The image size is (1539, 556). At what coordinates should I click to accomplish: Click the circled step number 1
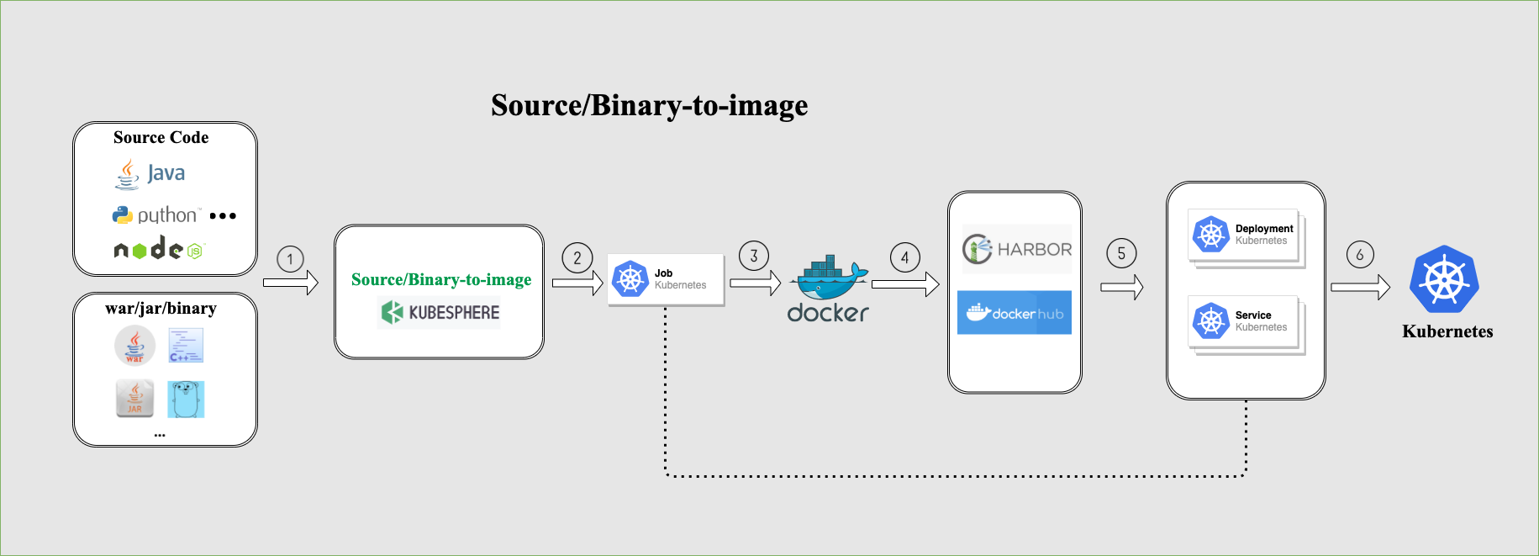click(x=290, y=259)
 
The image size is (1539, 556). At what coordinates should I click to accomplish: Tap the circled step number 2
click(x=577, y=258)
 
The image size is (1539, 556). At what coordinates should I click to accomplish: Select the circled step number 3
click(x=754, y=256)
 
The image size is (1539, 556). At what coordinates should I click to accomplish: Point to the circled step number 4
click(x=905, y=257)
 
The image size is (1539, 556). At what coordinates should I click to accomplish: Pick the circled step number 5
click(x=1121, y=253)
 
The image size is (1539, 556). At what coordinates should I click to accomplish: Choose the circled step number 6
click(x=1360, y=254)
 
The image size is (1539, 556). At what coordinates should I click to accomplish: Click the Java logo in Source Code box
click(x=150, y=174)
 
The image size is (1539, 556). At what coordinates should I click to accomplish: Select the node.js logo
click(x=159, y=249)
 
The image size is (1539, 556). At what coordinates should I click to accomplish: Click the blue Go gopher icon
click(x=186, y=399)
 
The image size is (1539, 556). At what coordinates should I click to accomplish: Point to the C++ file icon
click(x=186, y=346)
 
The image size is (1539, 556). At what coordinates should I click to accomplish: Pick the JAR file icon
click(x=134, y=398)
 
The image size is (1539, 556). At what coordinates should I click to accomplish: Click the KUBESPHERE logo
click(x=440, y=313)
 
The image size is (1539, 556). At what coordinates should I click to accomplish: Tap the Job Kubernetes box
click(x=666, y=279)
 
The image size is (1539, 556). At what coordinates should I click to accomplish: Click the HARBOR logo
click(x=1017, y=249)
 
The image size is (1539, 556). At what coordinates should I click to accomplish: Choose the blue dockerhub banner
click(x=1015, y=313)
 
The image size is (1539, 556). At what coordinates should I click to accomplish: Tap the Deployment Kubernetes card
click(x=1244, y=235)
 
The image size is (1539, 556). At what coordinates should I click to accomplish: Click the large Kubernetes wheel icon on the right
click(x=1444, y=280)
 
